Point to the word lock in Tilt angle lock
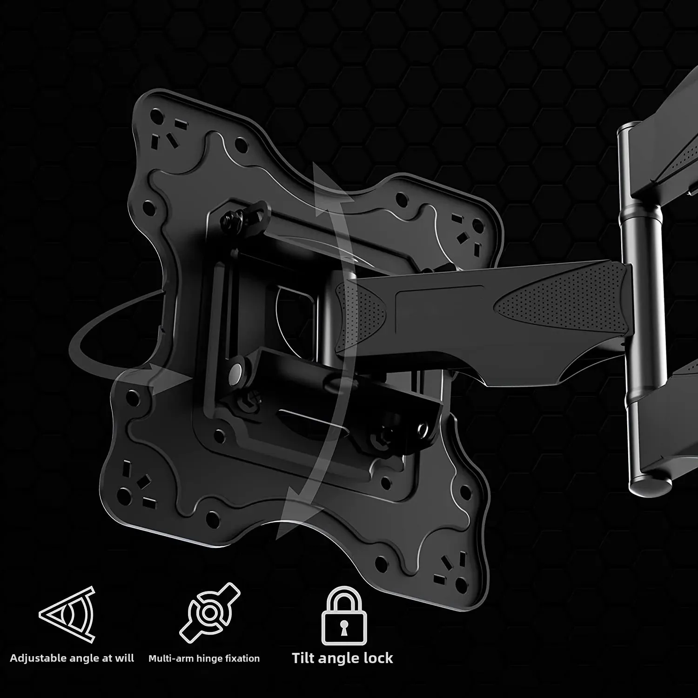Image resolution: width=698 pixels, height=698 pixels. pos(377,658)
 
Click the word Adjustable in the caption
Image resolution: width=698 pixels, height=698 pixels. pos(38,658)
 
